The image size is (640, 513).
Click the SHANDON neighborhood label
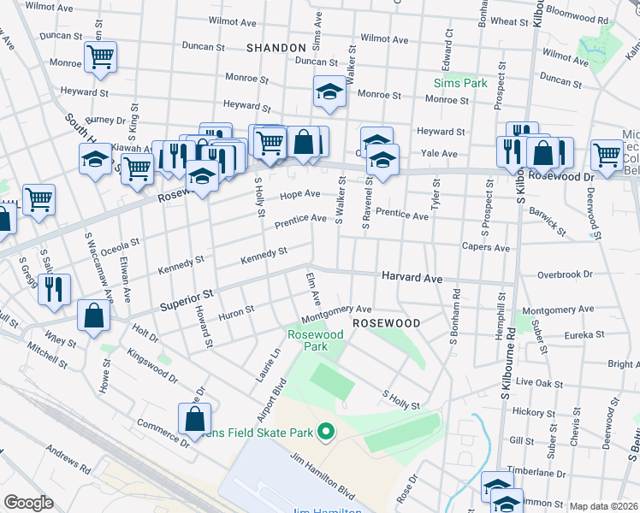pyautogui.click(x=276, y=48)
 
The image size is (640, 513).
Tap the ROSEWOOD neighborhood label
pyautogui.click(x=386, y=324)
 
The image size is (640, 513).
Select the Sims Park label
pyautogui.click(x=459, y=83)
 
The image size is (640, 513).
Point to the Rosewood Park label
pyautogui.click(x=307, y=341)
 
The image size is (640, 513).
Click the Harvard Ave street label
pyautogui.click(x=412, y=279)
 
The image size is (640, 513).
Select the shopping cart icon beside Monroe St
pyautogui.click(x=100, y=58)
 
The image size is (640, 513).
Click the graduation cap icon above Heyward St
pyautogui.click(x=328, y=91)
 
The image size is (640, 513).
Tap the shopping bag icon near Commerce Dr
pyautogui.click(x=194, y=419)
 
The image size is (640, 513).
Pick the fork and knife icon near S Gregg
pyautogui.click(x=54, y=289)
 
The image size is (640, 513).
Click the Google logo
pyautogui.click(x=28, y=503)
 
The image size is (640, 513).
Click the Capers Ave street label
pyautogui.click(x=485, y=248)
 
